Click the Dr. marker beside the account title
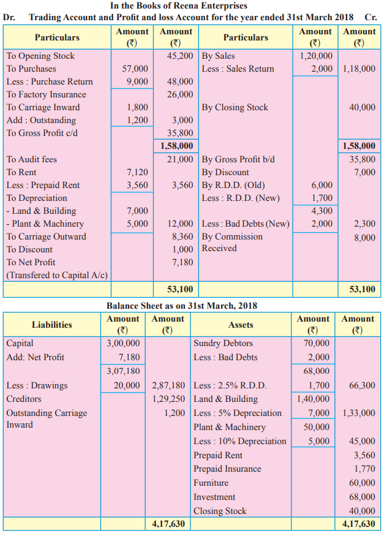[x=9, y=17]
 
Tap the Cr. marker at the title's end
[x=370, y=17]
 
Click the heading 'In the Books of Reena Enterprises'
[x=179, y=6]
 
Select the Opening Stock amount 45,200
[x=179, y=56]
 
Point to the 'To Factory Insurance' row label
[x=47, y=94]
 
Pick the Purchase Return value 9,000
[x=137, y=81]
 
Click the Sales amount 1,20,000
[x=316, y=56]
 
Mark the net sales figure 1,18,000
[x=359, y=69]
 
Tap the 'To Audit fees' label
[x=32, y=159]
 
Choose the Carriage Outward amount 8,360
[x=182, y=236]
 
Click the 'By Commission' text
[x=232, y=236]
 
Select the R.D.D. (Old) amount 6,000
[x=322, y=185]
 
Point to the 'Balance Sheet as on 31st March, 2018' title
[x=182, y=306]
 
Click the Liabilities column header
[x=52, y=325]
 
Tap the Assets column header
[x=241, y=325]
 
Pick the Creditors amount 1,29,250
[x=168, y=399]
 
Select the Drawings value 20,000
[x=127, y=385]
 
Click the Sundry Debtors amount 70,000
[x=316, y=343]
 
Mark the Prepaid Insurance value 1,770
[x=364, y=469]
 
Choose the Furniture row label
[x=211, y=483]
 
